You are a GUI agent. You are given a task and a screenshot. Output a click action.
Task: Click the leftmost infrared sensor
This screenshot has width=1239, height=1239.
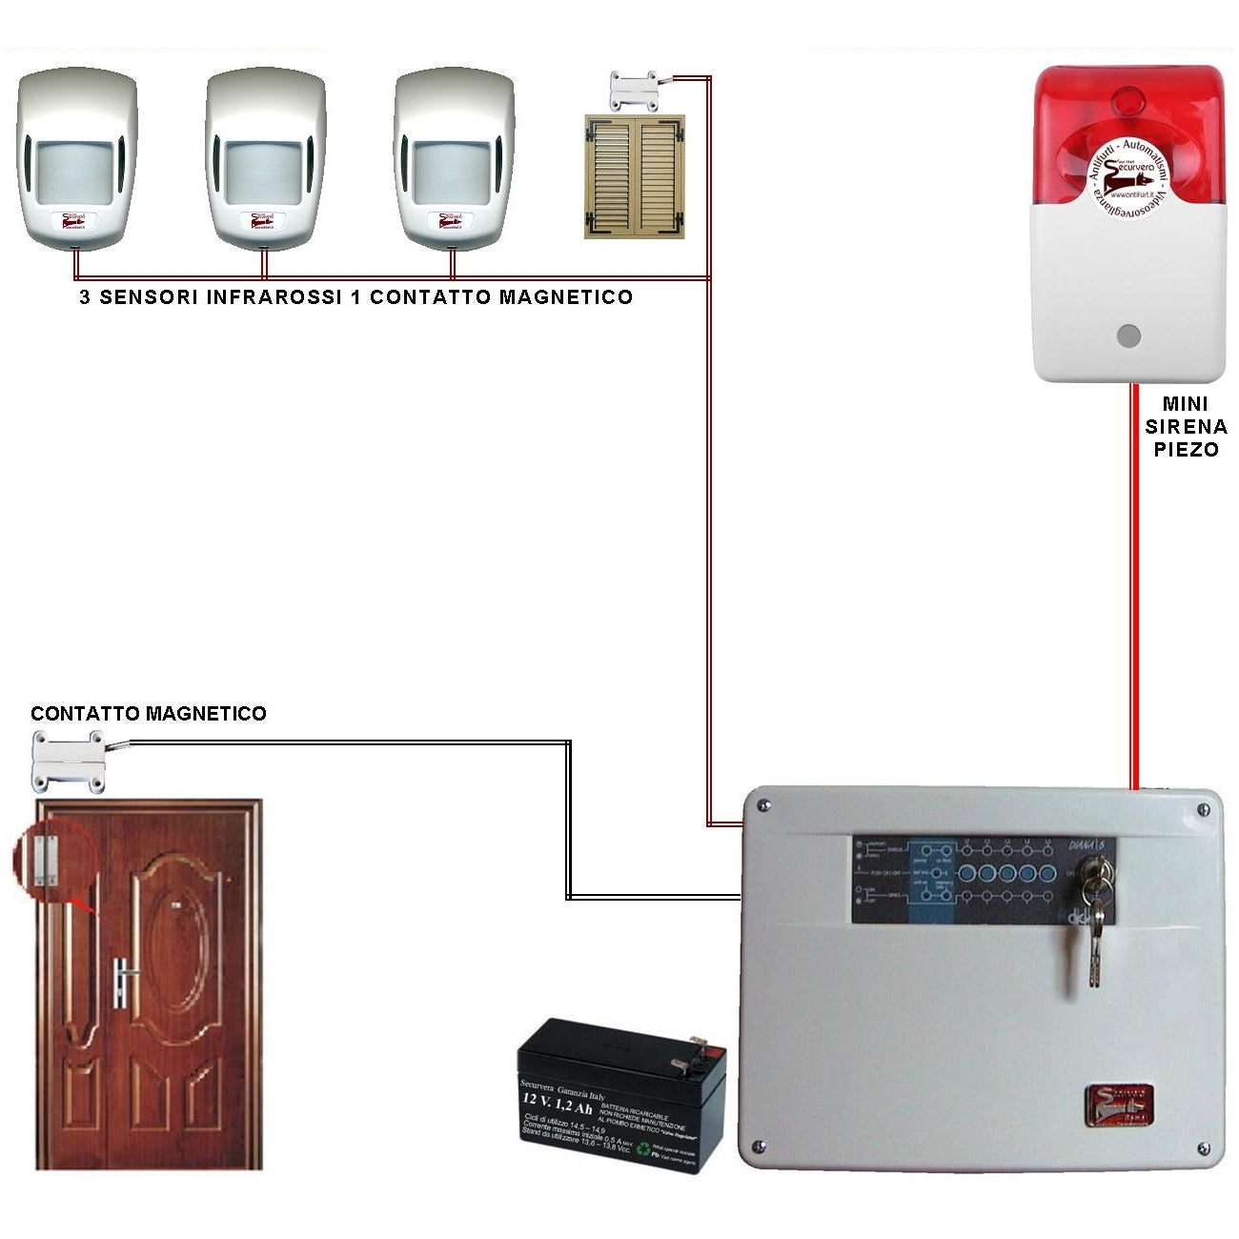[76, 157]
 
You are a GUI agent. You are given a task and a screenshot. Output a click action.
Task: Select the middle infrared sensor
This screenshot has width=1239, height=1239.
[266, 157]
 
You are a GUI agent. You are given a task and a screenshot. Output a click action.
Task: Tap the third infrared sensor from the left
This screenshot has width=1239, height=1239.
[455, 157]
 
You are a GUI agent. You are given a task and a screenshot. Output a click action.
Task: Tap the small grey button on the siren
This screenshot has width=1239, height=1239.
[1128, 335]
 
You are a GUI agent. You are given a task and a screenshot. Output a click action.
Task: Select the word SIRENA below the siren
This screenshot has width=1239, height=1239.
[1186, 427]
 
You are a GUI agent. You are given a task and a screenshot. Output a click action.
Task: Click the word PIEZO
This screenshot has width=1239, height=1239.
[1186, 450]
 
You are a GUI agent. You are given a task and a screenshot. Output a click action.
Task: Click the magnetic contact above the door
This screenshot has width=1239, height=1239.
[69, 760]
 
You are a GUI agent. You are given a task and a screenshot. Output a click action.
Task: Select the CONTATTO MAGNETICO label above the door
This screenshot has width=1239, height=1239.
[149, 714]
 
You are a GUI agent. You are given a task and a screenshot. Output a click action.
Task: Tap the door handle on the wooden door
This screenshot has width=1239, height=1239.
[121, 982]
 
